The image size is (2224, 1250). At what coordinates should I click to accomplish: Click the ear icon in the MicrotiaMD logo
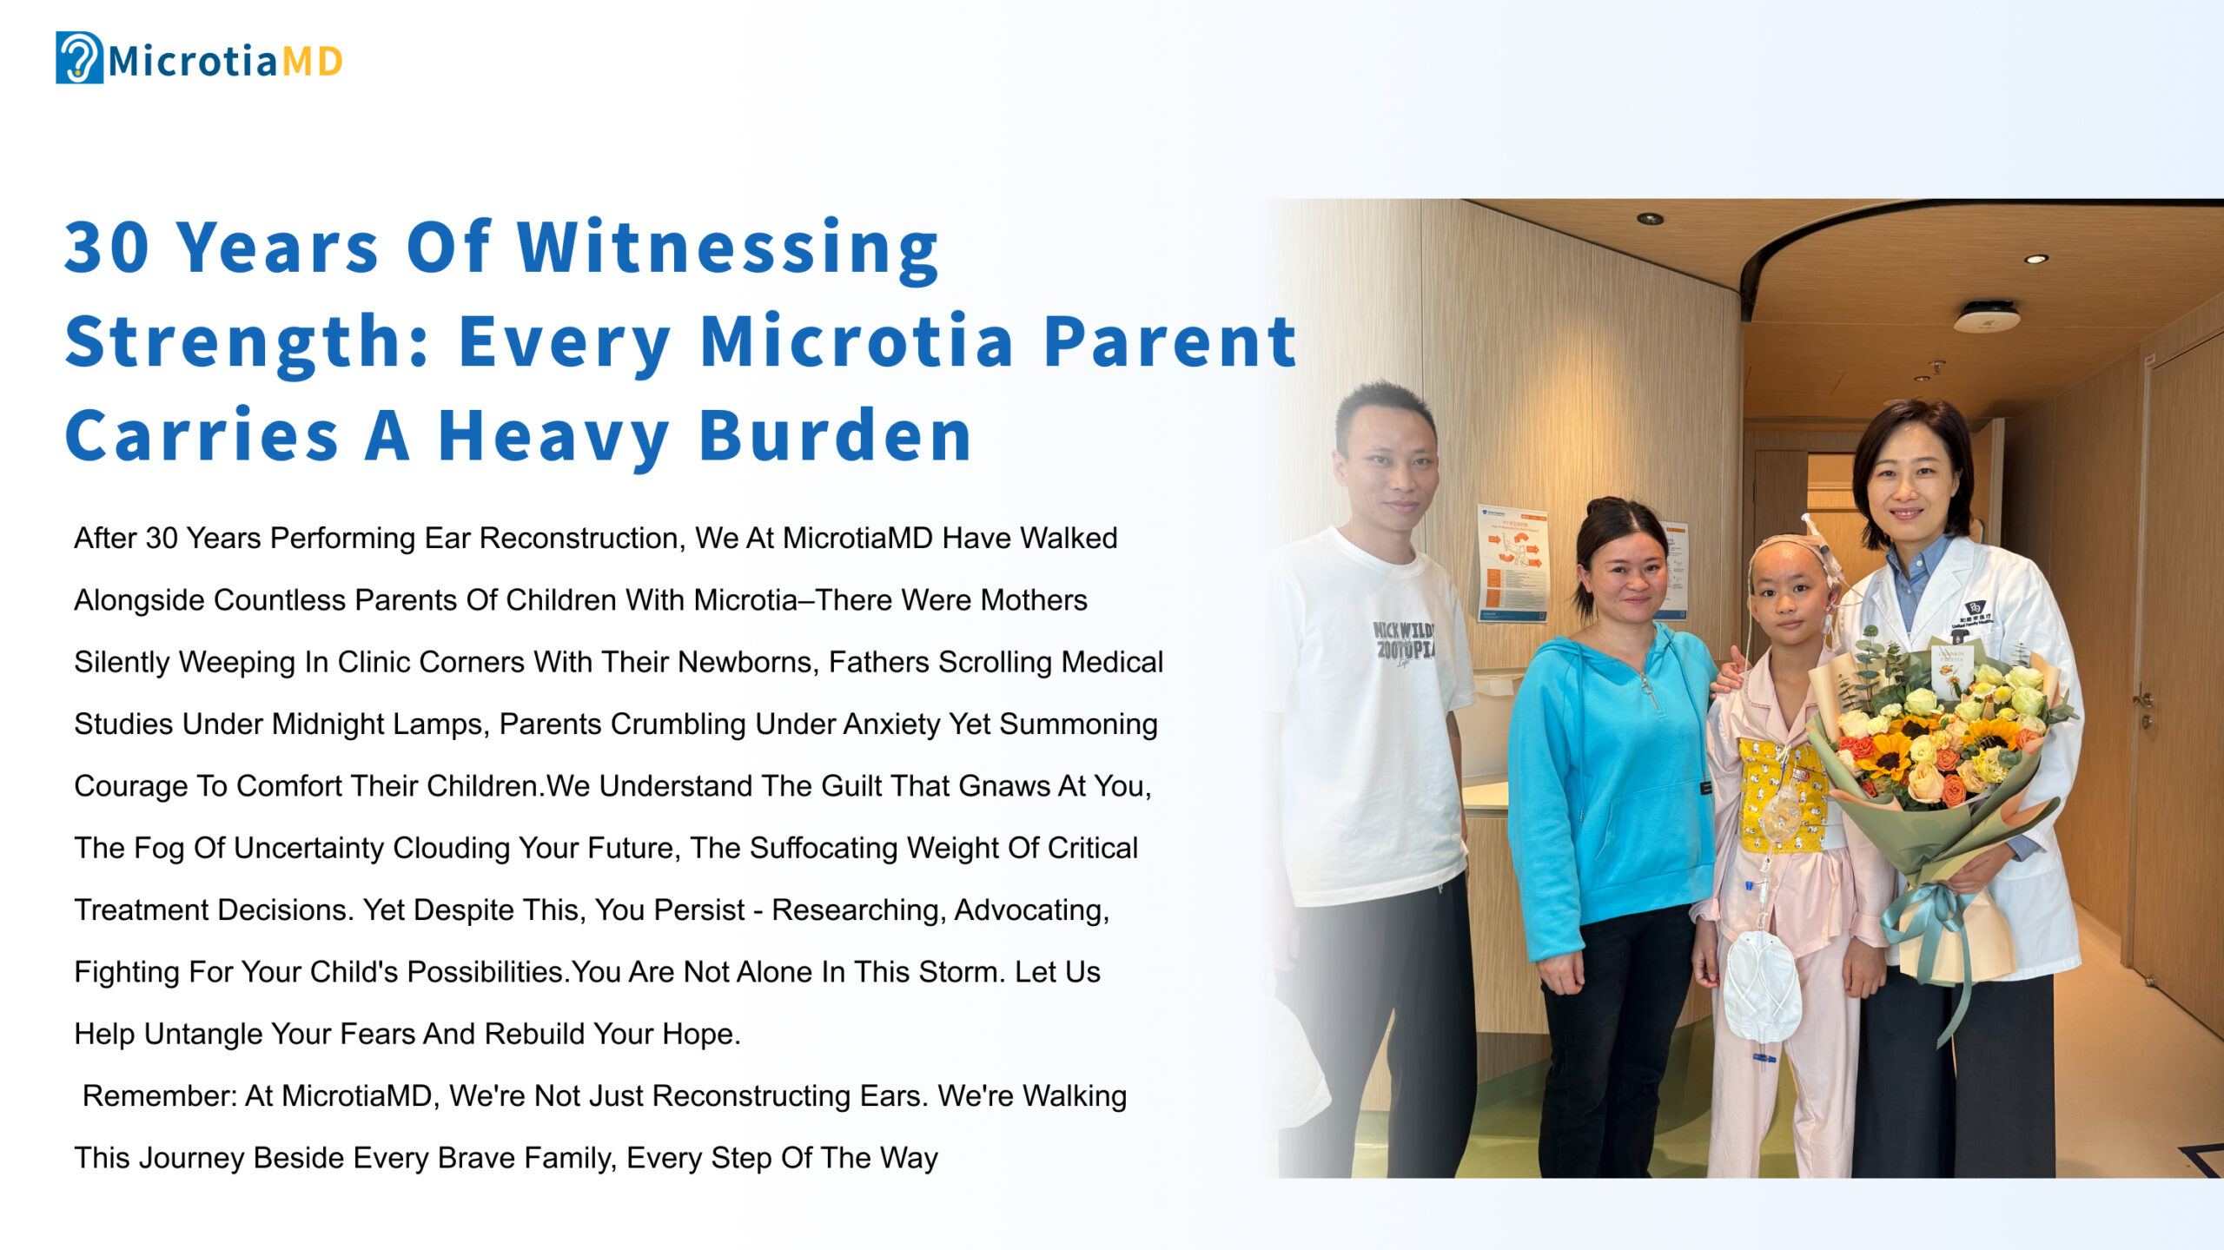tap(79, 57)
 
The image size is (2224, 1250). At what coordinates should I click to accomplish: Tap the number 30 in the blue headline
tap(107, 248)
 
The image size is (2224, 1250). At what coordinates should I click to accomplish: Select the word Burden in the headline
tap(835, 435)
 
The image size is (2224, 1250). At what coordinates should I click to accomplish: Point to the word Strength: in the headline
tap(248, 344)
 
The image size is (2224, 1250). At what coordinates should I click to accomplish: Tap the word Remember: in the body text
tap(160, 1096)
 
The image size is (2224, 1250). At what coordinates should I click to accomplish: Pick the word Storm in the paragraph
tap(956, 972)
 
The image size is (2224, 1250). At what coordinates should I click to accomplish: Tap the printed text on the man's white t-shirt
tap(1402, 643)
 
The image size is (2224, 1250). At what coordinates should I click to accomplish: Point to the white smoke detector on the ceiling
tap(1986, 317)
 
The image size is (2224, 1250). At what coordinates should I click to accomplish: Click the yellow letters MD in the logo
tap(312, 62)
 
